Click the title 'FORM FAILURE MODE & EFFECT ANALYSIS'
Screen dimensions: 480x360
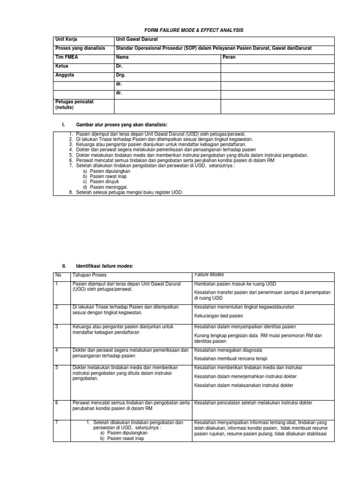click(x=180, y=30)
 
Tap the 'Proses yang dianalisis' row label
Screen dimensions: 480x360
click(x=80, y=48)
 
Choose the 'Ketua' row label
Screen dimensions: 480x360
click(x=61, y=66)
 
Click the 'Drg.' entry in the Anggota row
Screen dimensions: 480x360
click(x=120, y=75)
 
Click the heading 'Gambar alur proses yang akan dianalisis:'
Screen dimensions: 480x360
click(x=121, y=124)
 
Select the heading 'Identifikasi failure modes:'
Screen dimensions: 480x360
click(x=105, y=266)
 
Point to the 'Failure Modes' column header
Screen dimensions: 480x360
click(x=209, y=275)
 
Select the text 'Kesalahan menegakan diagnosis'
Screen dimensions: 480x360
click(x=228, y=350)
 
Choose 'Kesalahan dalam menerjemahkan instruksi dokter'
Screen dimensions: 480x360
click(x=245, y=376)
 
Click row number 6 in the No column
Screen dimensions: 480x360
click(x=57, y=403)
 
